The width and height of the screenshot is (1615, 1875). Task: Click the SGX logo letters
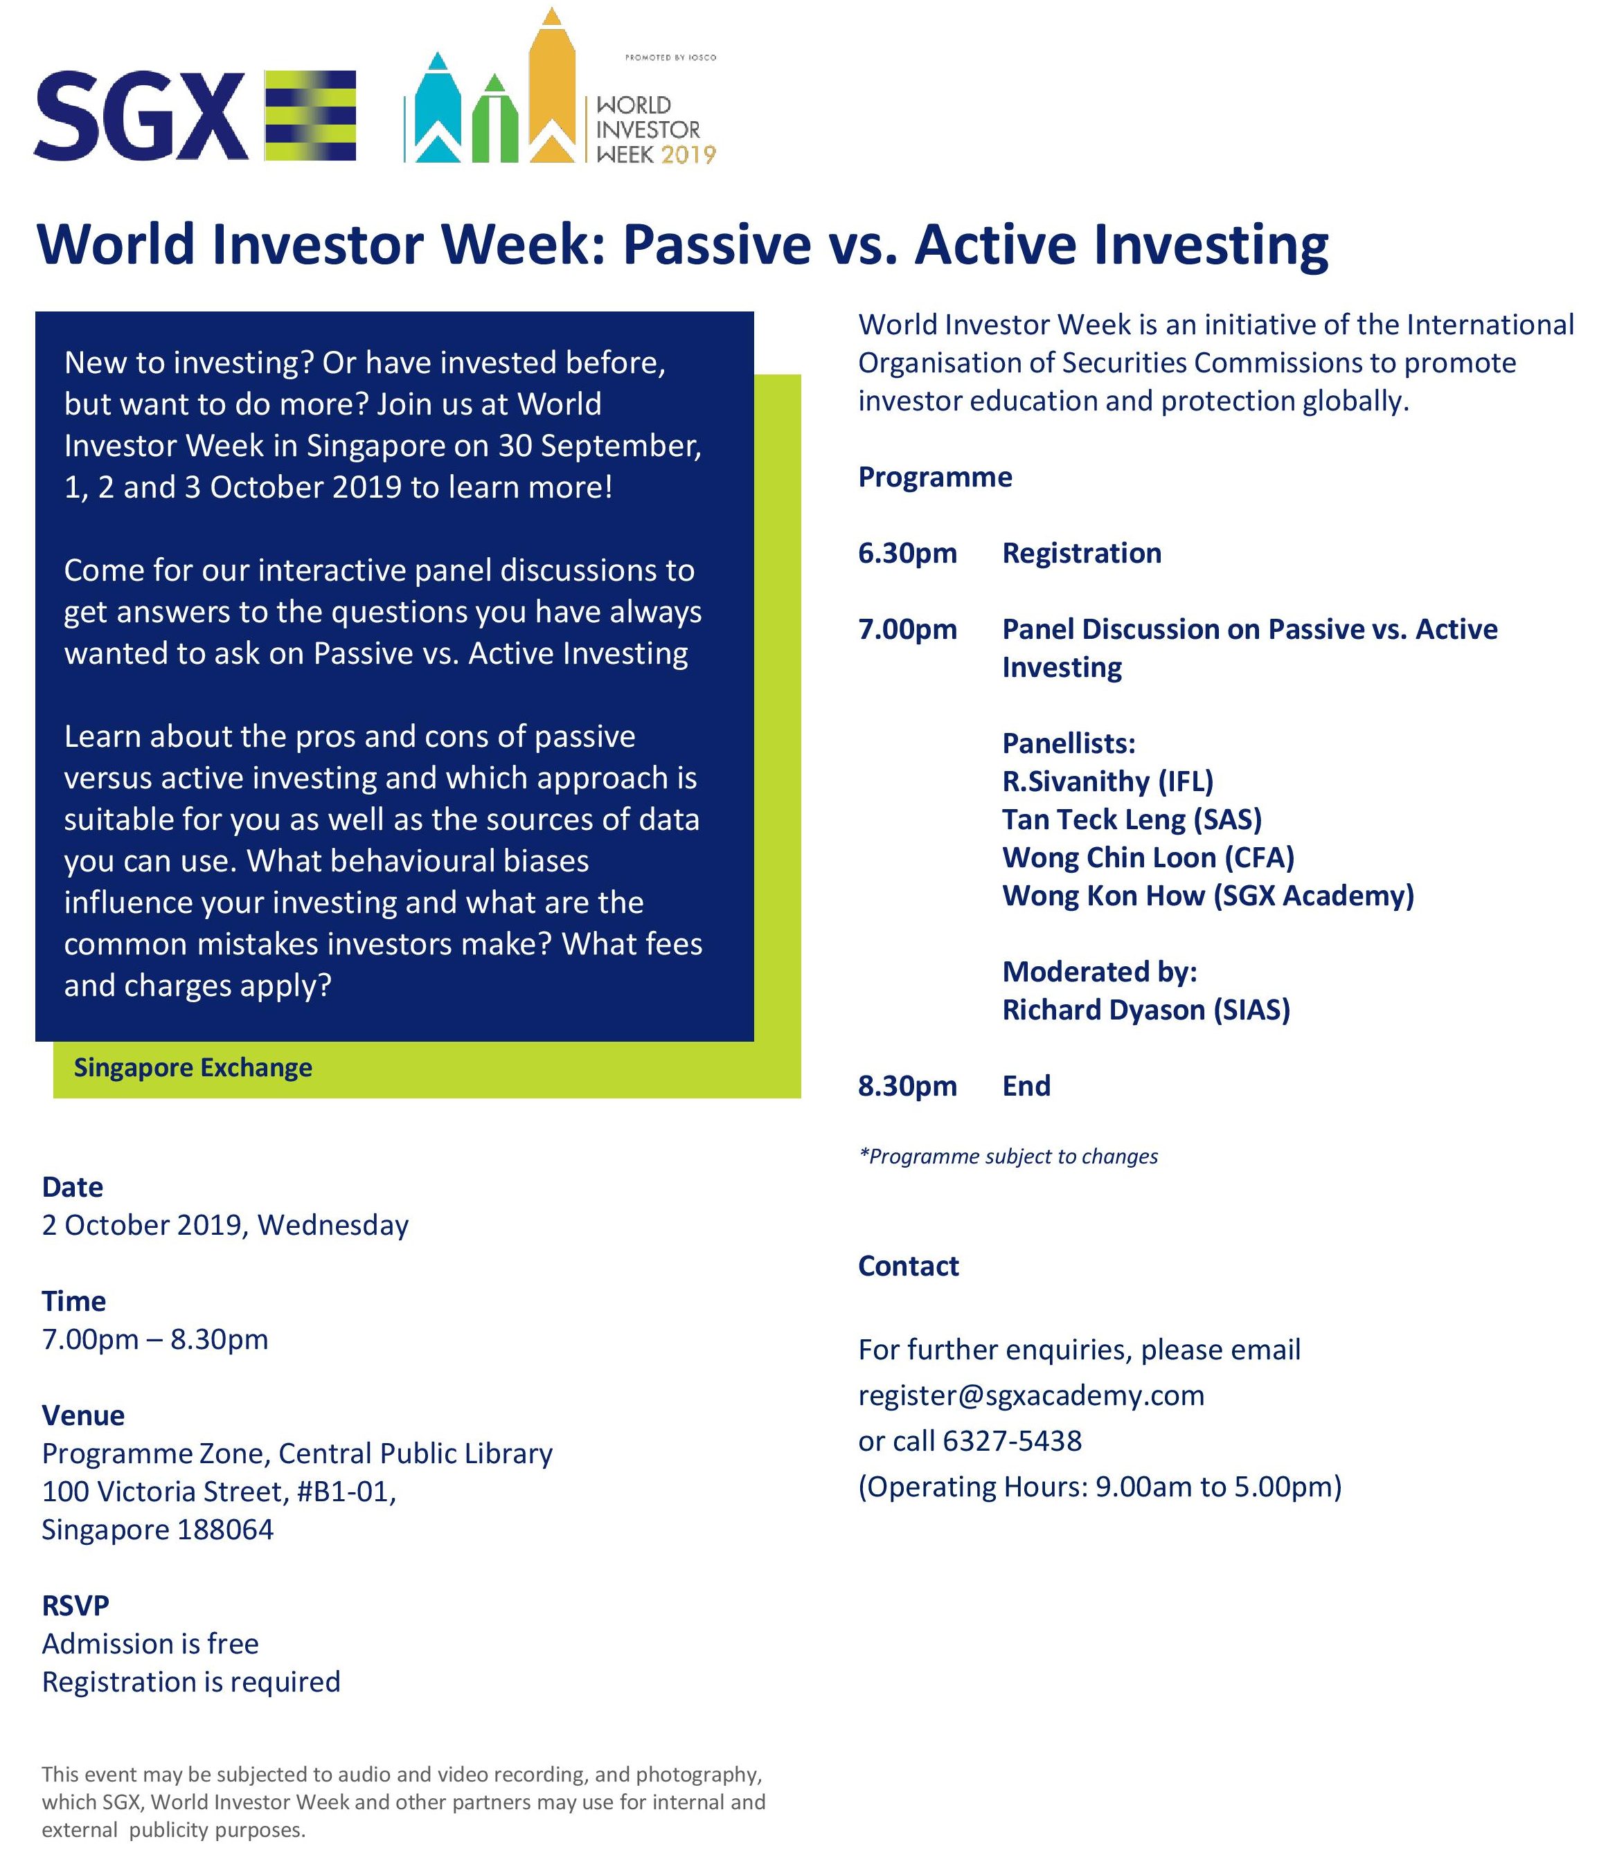(141, 117)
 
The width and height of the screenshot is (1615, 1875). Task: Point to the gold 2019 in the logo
(688, 155)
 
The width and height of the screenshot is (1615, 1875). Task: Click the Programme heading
(935, 477)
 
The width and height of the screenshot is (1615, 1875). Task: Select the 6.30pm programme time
(907, 553)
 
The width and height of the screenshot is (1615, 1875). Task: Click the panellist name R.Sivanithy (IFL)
(1107, 781)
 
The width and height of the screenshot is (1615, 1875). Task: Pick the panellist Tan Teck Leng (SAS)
(1132, 819)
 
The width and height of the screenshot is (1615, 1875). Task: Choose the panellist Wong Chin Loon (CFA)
(1148, 857)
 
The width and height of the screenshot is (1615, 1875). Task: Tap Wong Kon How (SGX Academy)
(1208, 895)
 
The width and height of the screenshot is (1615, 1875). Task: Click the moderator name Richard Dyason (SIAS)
(1146, 1009)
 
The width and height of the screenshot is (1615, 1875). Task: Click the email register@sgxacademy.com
(1031, 1395)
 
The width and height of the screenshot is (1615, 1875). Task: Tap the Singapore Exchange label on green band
(193, 1068)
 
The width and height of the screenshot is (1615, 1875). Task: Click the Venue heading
(83, 1415)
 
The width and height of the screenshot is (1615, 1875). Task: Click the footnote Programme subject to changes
(1008, 1156)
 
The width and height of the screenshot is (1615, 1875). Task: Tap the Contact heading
(908, 1265)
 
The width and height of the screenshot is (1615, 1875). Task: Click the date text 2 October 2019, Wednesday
(225, 1224)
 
